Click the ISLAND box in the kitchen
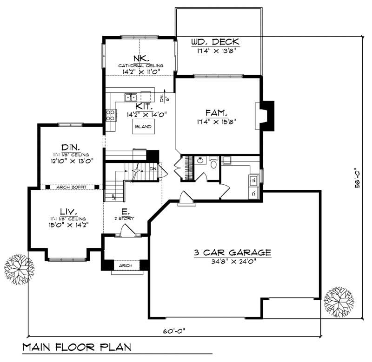coord(143,126)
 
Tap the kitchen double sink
coord(130,97)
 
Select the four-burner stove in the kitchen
coord(111,115)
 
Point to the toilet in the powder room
coord(214,163)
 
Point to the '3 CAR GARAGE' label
coord(233,253)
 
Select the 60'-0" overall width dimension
coord(174,331)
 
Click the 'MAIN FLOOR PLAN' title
coord(76,347)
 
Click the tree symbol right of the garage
coord(338,300)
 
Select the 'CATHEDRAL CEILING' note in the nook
coord(140,66)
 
